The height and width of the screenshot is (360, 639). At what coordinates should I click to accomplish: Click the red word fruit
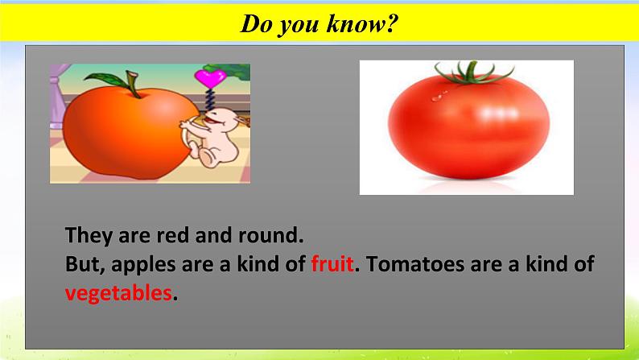point(332,264)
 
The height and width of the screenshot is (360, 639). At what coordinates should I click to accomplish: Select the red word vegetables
point(118,293)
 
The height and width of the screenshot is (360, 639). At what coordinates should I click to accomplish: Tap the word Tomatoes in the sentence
point(415,264)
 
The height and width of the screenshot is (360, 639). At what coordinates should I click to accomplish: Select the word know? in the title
point(361,23)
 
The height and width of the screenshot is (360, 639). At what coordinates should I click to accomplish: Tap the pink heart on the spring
point(210,77)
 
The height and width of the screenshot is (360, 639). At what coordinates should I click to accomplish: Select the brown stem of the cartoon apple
point(133,84)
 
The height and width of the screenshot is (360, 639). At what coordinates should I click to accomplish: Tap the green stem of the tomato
point(472,73)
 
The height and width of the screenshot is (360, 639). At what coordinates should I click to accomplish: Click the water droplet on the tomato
point(437,97)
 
